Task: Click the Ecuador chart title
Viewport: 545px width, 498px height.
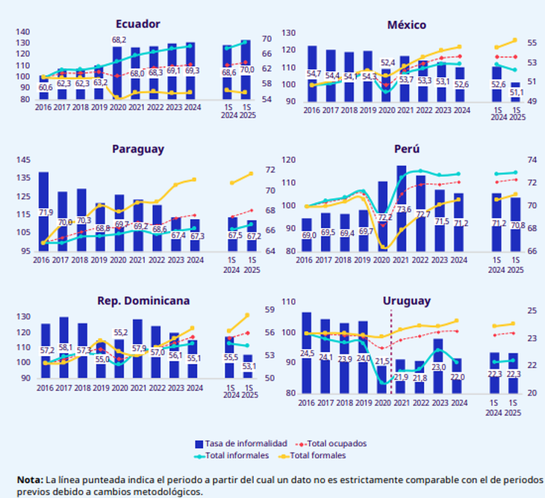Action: (138, 24)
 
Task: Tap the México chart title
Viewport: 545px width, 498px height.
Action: (407, 25)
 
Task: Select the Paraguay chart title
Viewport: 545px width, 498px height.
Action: (138, 148)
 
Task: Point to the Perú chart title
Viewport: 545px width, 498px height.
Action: (407, 148)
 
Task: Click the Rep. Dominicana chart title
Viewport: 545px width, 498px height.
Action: (143, 301)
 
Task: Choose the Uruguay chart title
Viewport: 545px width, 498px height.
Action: (407, 301)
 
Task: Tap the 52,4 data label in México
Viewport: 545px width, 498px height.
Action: (387, 63)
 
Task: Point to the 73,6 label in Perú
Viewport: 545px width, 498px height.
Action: (404, 209)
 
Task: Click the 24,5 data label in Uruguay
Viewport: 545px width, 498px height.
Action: (307, 353)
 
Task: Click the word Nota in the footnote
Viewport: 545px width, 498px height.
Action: (30, 479)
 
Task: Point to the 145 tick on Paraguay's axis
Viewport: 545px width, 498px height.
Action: (22, 161)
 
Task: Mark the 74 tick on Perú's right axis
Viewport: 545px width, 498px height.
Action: (532, 160)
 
